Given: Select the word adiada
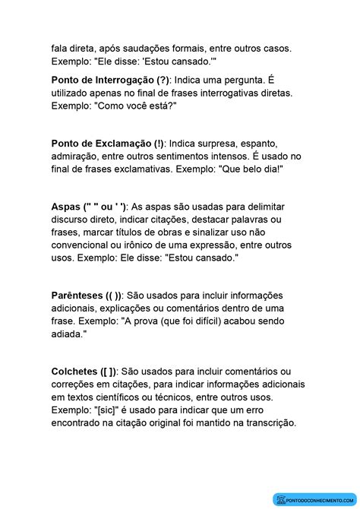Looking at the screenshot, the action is [70, 334].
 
